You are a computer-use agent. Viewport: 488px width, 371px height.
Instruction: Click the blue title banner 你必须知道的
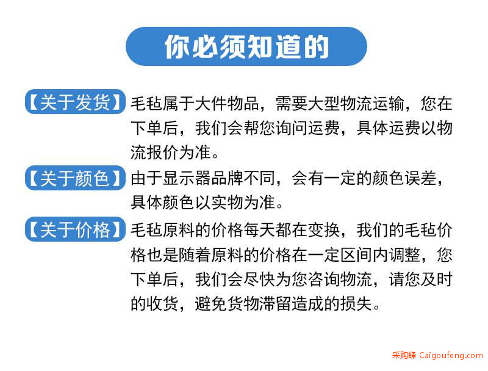246,46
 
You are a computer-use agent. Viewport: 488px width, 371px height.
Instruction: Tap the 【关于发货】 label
75,102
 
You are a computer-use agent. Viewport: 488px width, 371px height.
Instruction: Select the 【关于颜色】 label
75,178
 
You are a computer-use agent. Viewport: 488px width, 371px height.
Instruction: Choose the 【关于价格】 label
75,229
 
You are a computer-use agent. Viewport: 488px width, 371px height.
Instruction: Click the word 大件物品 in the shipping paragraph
227,104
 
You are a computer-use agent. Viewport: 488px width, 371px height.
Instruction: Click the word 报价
162,153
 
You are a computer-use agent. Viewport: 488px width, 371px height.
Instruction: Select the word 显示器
187,179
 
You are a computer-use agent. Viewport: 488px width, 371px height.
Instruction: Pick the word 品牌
227,179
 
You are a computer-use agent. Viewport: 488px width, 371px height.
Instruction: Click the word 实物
227,203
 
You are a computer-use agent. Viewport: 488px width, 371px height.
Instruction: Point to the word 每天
260,230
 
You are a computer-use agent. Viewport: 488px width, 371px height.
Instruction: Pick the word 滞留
276,304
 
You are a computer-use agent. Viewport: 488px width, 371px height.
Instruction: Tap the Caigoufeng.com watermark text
451,355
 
